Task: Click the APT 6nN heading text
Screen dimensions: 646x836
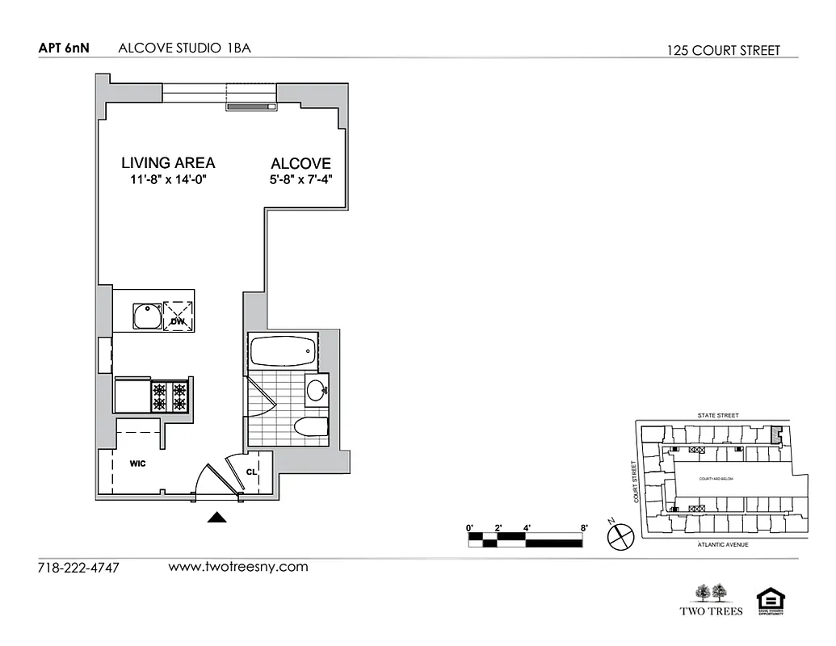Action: (x=63, y=48)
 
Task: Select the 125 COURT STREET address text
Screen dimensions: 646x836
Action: (x=724, y=50)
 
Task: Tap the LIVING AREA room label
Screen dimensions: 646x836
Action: (x=168, y=162)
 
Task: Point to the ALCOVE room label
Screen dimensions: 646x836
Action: (x=300, y=163)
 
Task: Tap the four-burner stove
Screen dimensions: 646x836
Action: (x=170, y=396)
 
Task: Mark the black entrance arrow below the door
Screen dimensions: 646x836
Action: (x=216, y=518)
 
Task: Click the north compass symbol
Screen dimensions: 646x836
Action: (x=620, y=534)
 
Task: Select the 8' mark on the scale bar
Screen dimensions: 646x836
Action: (x=583, y=528)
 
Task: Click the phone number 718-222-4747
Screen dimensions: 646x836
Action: (x=78, y=568)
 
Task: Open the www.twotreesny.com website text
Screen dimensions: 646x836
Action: (x=237, y=567)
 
